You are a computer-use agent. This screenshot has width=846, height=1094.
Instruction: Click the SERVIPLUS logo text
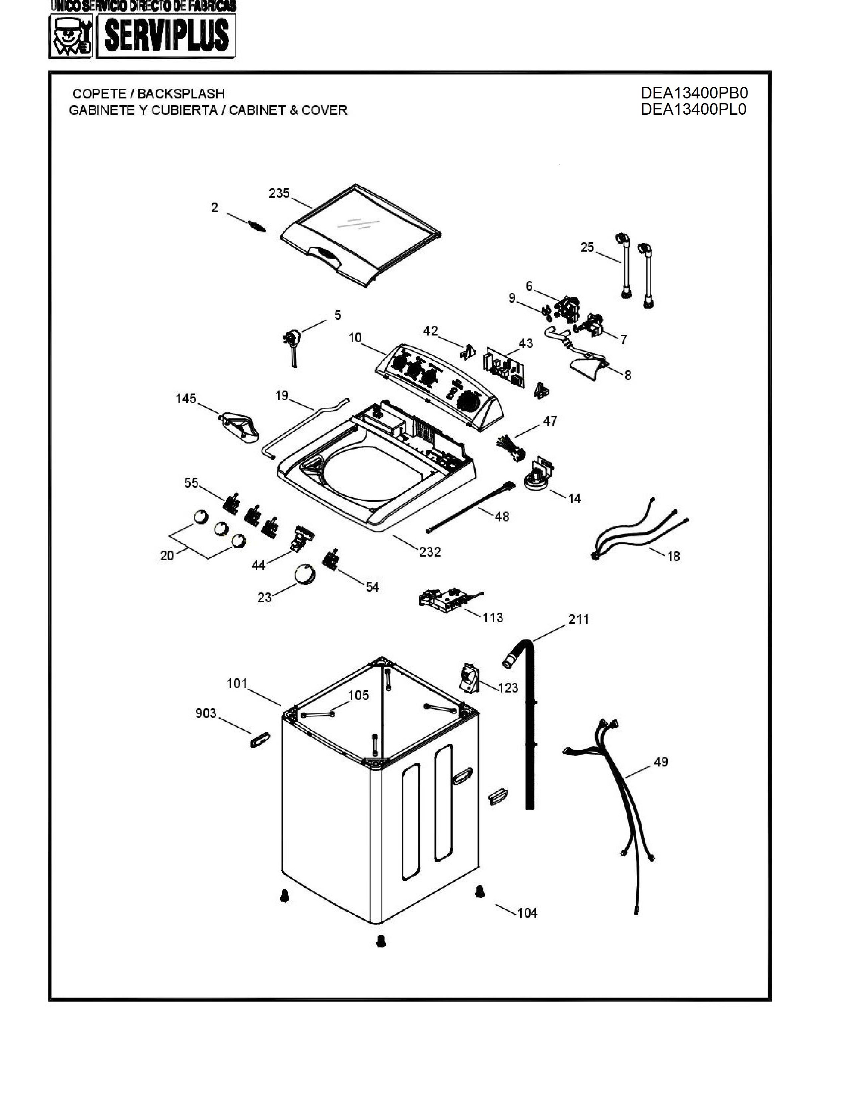coord(167,35)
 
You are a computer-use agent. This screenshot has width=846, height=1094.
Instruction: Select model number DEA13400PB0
coord(694,93)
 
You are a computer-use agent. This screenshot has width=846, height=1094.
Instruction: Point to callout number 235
coord(279,193)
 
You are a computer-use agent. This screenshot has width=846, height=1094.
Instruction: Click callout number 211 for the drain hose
coord(578,620)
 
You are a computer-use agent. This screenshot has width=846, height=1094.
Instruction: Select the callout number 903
coord(205,713)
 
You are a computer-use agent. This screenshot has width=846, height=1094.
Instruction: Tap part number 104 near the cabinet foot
coord(527,913)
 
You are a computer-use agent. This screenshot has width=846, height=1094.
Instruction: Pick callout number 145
coord(185,399)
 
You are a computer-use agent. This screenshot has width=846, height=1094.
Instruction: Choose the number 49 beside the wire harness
coord(661,762)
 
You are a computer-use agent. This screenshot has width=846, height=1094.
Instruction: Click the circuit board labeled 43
coord(504,369)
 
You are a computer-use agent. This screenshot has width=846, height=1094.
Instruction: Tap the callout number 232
coord(430,552)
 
